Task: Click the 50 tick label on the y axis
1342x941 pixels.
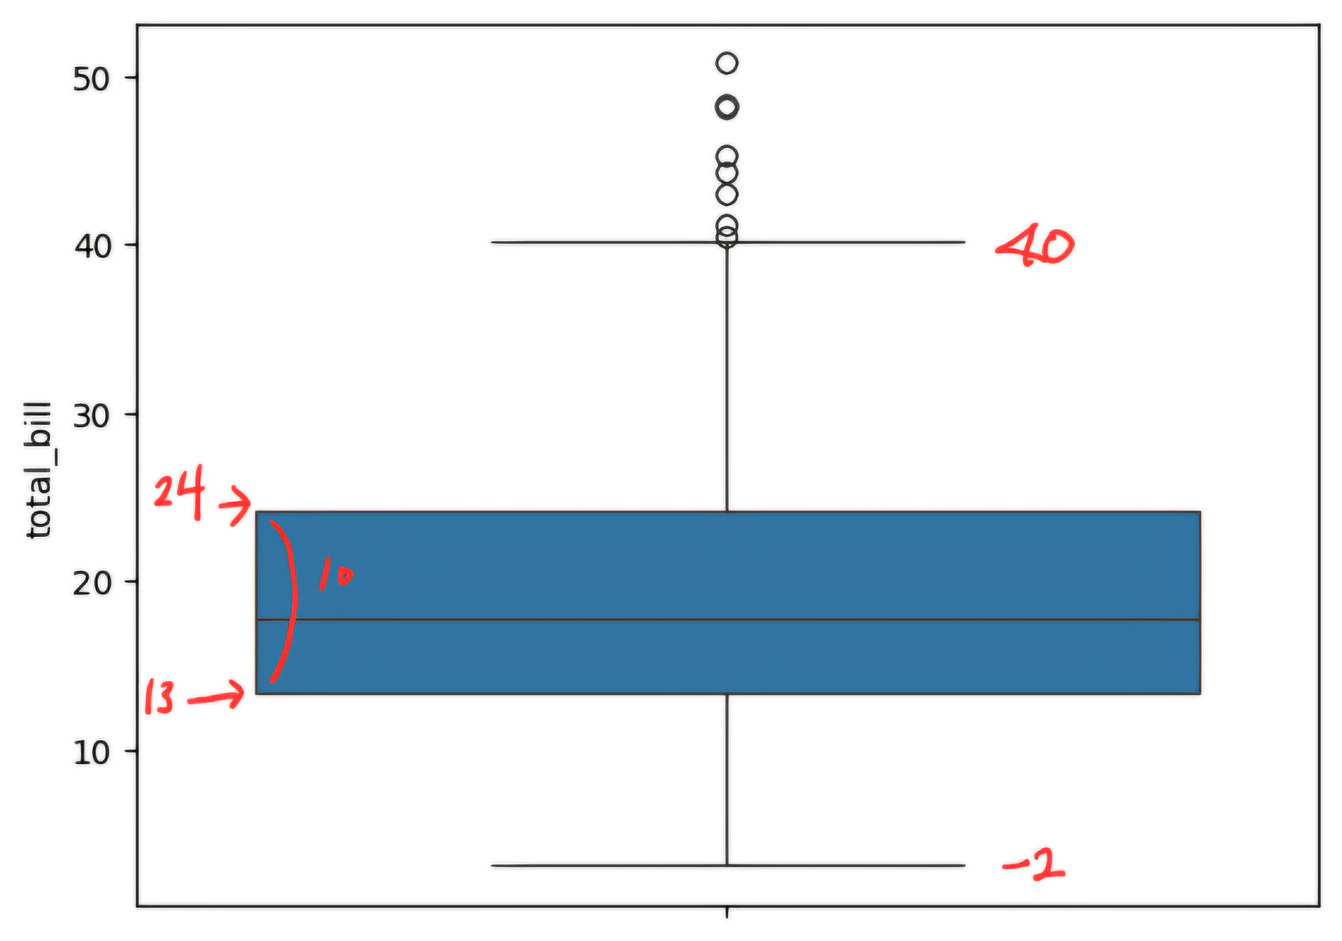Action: (x=91, y=79)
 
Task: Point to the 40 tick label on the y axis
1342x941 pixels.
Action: (x=93, y=246)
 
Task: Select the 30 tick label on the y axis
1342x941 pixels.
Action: (x=91, y=415)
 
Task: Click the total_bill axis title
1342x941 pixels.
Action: (x=39, y=470)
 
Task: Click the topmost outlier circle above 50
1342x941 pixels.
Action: (x=727, y=63)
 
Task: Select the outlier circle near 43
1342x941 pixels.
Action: (x=727, y=194)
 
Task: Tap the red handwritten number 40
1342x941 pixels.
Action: (x=1035, y=245)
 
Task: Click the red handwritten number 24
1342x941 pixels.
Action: (x=179, y=493)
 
